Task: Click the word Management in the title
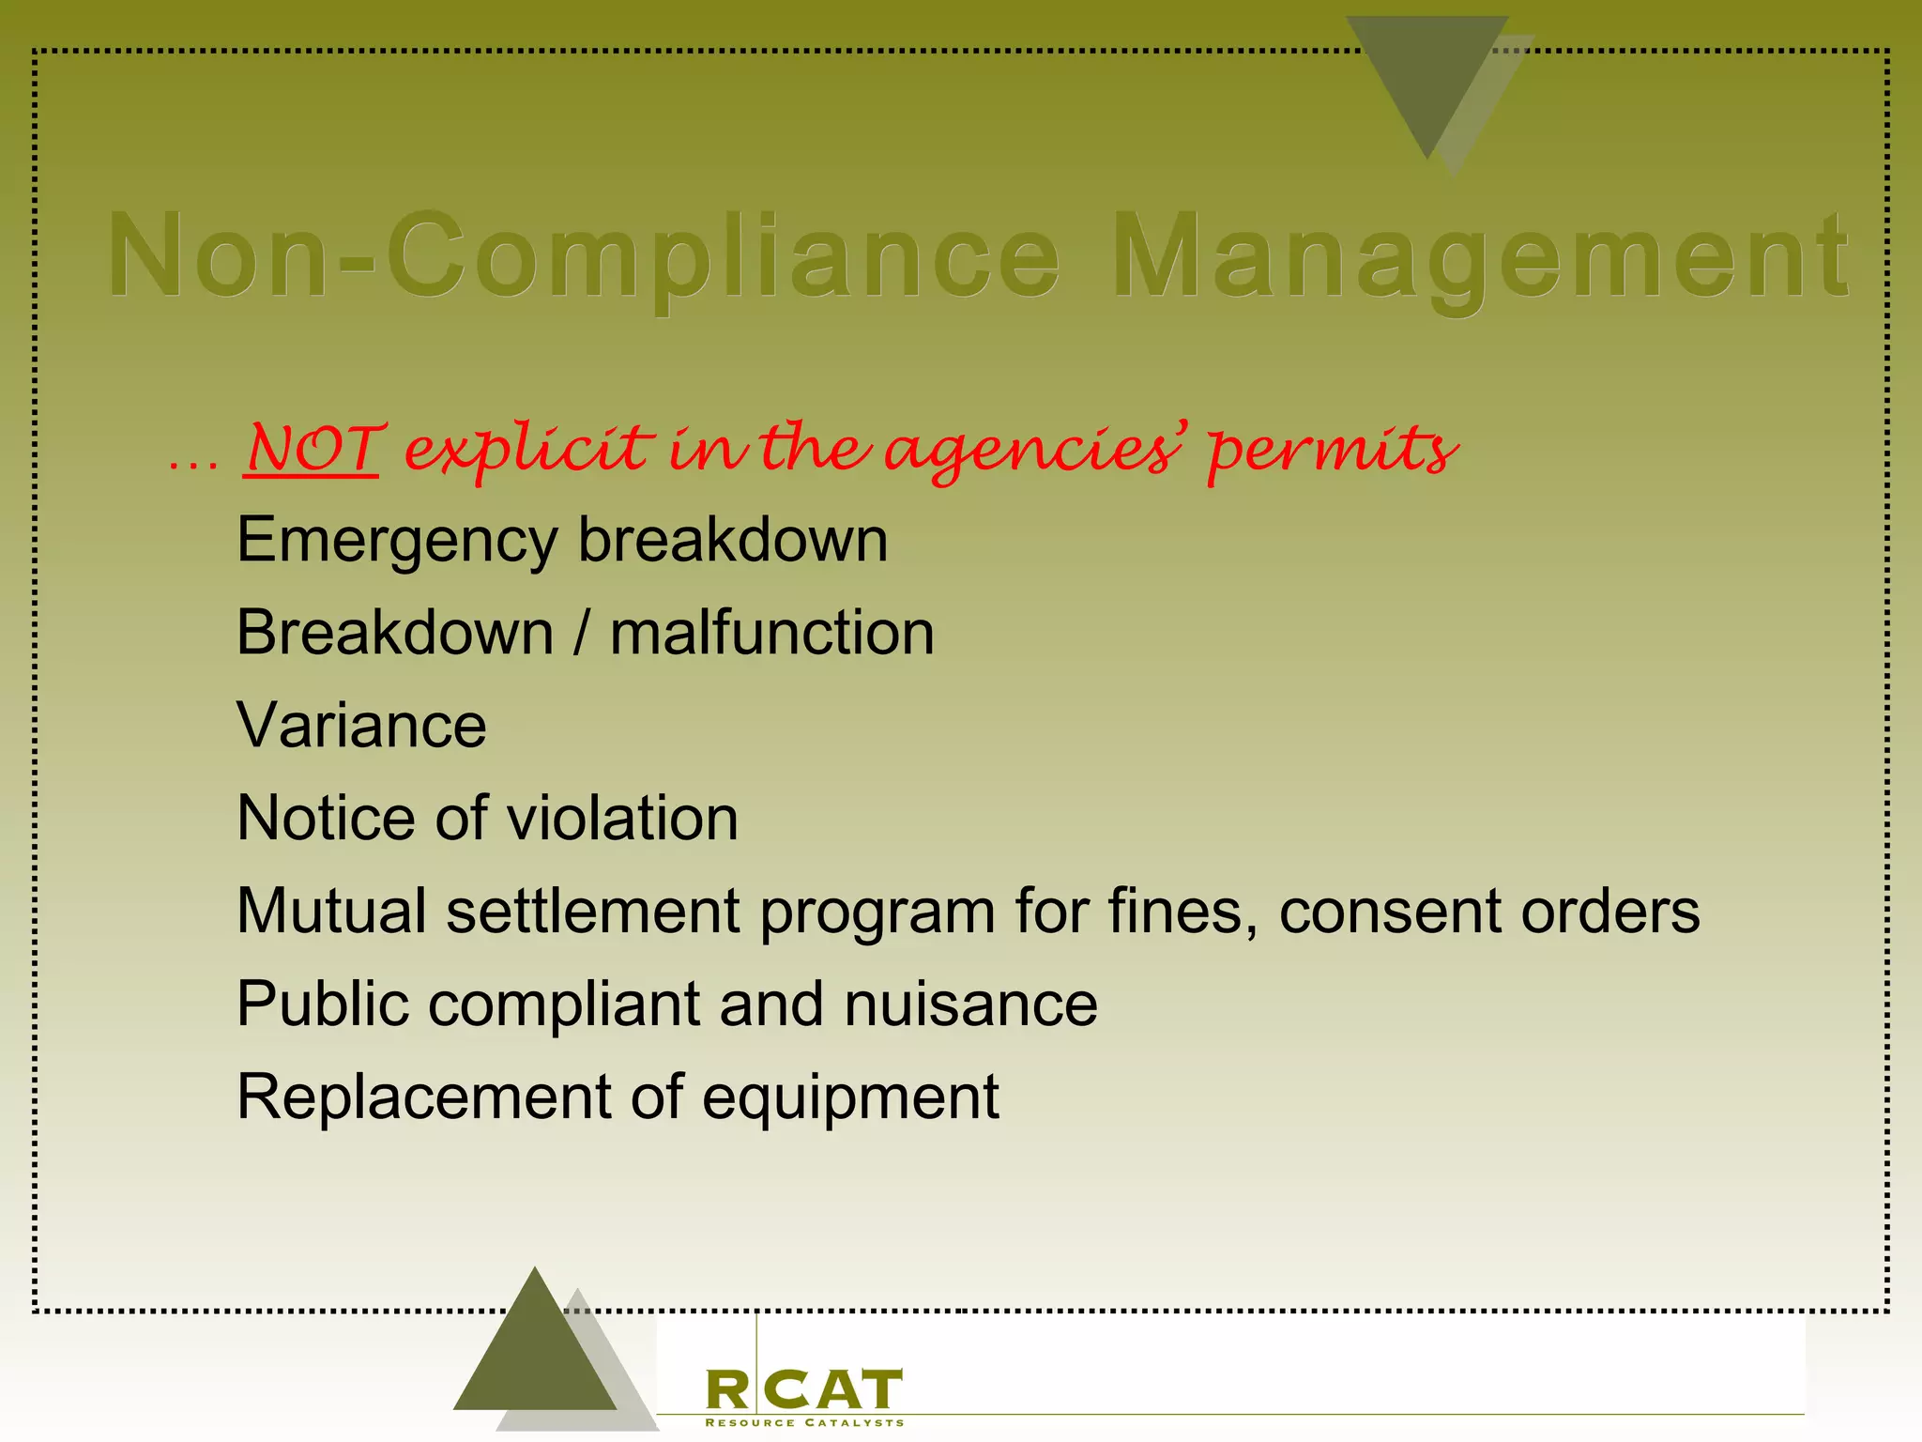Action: pos(1480,258)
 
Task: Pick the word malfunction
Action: pos(771,633)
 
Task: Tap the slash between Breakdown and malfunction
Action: pos(582,633)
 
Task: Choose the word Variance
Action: pos(361,726)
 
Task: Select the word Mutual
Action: pos(331,911)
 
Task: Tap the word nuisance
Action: pos(970,1005)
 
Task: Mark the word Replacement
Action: pos(423,1097)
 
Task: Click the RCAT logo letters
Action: pos(803,1390)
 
